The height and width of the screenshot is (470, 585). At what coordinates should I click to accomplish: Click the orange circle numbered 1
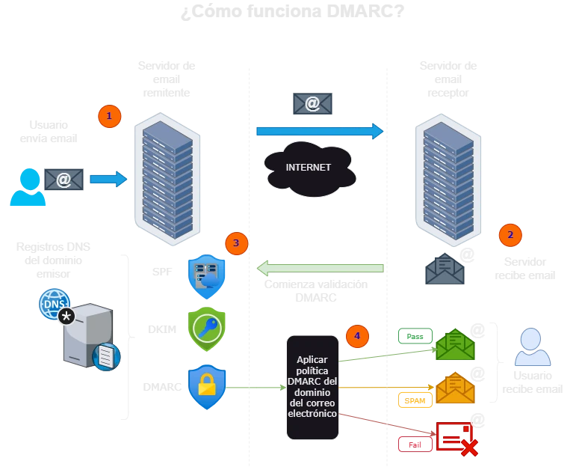coord(109,117)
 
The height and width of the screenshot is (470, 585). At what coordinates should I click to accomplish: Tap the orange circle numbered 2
coord(510,235)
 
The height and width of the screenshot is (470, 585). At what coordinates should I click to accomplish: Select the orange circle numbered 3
coord(236,242)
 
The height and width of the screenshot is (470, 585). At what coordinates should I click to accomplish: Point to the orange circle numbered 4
coord(357,336)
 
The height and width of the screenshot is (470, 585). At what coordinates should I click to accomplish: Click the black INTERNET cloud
coord(309,168)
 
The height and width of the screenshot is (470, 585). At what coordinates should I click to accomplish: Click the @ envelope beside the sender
coord(64,180)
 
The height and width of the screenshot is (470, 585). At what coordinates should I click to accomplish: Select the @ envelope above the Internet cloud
coord(313,104)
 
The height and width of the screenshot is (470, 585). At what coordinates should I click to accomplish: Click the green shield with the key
coord(206,329)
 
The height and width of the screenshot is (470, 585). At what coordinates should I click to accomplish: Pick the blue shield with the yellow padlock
coord(206,387)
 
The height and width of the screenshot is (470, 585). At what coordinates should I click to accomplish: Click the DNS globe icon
coord(54,304)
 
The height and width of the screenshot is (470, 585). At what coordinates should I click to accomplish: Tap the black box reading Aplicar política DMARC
coord(312,387)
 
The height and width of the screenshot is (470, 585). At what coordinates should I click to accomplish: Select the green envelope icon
coord(455,345)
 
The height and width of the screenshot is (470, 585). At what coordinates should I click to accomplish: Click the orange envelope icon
coord(455,388)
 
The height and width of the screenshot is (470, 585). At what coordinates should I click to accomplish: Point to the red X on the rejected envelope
coord(468,448)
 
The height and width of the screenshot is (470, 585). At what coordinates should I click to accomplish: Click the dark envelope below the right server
coord(445,269)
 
